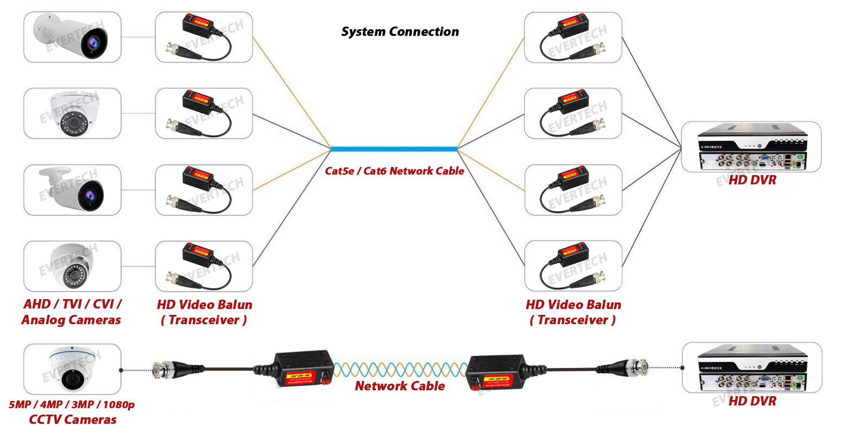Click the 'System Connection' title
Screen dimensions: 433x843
(400, 32)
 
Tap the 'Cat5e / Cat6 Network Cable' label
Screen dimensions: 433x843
(394, 171)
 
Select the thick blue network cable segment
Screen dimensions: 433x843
(394, 148)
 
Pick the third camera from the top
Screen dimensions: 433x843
(72, 190)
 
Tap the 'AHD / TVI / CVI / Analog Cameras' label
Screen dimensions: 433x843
(72, 312)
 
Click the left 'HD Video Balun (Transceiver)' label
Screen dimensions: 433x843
(205, 312)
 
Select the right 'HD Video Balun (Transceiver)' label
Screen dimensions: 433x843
(573, 312)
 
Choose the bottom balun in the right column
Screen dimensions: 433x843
(573, 266)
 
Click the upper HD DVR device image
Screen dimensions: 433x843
(751, 146)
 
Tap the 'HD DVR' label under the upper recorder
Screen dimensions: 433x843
(752, 180)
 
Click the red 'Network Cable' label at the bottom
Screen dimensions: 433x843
(400, 386)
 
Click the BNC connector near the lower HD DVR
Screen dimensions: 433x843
(631, 367)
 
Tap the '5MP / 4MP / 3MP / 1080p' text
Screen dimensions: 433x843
(72, 405)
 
